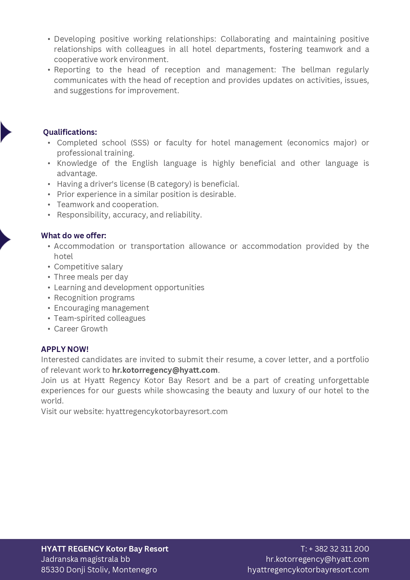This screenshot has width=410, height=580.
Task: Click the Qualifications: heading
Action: (x=70, y=132)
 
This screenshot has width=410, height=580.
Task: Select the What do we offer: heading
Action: (x=73, y=236)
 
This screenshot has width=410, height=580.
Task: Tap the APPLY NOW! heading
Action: (x=65, y=349)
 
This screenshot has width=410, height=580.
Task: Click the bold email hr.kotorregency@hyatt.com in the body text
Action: (x=165, y=370)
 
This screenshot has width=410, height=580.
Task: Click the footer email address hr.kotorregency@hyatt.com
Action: (x=317, y=559)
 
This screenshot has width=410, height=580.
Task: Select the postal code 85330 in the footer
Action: (x=53, y=570)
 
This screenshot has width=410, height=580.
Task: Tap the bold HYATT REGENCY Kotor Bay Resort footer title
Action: (x=104, y=549)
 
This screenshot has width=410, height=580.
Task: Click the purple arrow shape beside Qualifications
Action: (x=5, y=132)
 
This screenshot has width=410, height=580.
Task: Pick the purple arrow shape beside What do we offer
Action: (x=5, y=239)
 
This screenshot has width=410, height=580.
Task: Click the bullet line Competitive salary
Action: (x=88, y=267)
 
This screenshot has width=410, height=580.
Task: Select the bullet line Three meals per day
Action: (x=91, y=277)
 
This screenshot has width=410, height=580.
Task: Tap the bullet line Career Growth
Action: (x=81, y=329)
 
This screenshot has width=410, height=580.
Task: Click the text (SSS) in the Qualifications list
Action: (x=140, y=143)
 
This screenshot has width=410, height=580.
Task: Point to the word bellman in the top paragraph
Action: (x=315, y=70)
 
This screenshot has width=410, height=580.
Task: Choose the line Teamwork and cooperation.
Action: (x=107, y=205)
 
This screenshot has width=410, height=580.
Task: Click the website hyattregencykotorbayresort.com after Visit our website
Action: (x=167, y=411)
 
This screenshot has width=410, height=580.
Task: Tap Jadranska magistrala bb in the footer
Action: (x=85, y=559)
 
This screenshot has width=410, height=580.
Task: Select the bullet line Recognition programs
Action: (x=94, y=298)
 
